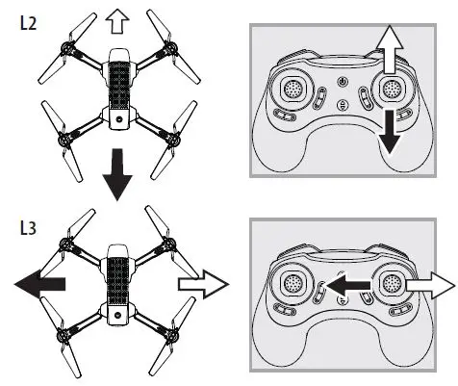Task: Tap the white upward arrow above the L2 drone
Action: (x=116, y=19)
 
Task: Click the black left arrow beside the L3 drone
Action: (x=40, y=283)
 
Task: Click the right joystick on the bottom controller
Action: (x=391, y=285)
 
